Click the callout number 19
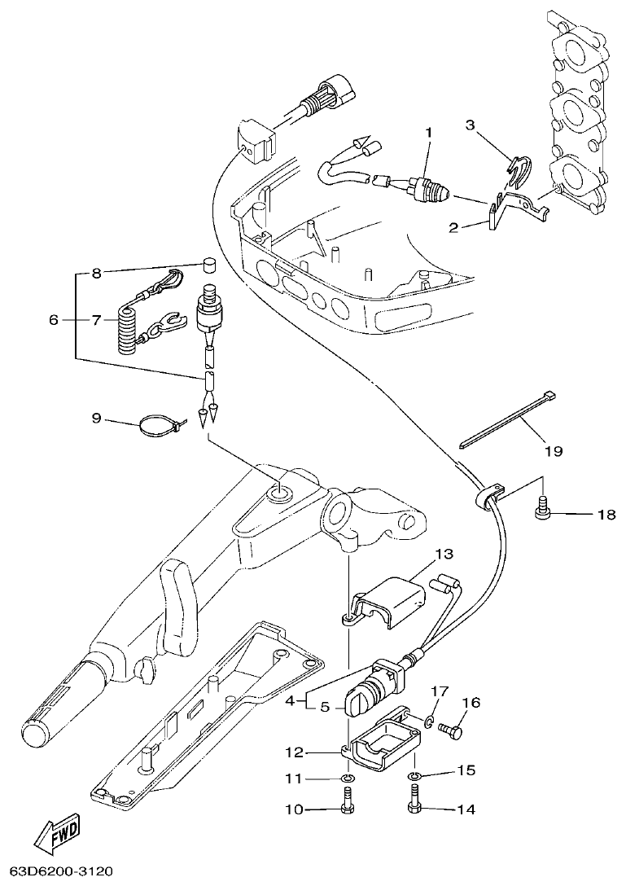[554, 450]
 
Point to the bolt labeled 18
[541, 510]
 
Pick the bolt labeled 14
[413, 806]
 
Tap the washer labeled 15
[414, 772]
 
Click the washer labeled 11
[348, 779]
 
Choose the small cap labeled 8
[208, 265]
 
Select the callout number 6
[54, 321]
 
